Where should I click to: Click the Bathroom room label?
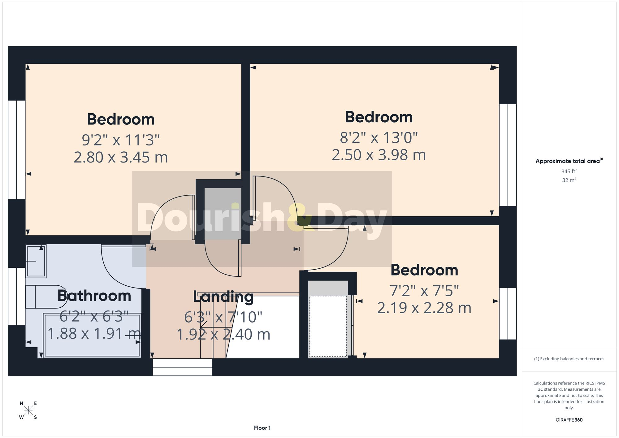(94, 296)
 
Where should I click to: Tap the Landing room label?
(223, 297)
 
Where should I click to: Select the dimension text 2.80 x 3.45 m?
(121, 157)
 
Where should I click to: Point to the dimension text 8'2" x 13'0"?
(379, 137)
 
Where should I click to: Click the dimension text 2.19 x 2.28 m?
(424, 308)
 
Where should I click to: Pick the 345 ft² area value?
(569, 171)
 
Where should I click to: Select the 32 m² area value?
(569, 180)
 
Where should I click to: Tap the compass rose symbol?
(28, 410)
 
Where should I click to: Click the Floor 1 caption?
(262, 428)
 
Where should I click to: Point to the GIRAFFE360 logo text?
(569, 420)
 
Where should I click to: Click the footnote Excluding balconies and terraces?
(569, 359)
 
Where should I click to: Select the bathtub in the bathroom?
(92, 335)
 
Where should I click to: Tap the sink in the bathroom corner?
(36, 261)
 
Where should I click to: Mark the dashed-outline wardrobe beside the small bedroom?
(328, 326)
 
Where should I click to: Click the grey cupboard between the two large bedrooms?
(223, 213)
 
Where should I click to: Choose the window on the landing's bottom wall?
(182, 367)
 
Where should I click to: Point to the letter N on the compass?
(21, 403)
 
